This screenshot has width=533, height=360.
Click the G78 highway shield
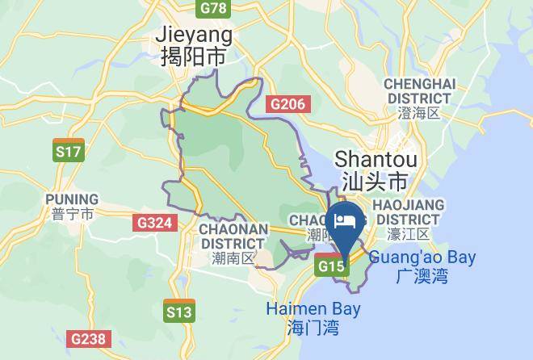click(x=213, y=8)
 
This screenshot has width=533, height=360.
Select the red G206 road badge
click(x=287, y=103)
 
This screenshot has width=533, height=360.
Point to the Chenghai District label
click(x=419, y=90)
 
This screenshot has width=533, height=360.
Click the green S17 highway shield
click(x=69, y=150)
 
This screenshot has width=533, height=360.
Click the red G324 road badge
click(x=153, y=223)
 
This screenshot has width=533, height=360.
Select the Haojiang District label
click(x=408, y=211)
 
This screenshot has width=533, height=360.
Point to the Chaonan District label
click(x=233, y=236)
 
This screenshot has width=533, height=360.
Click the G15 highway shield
click(x=332, y=265)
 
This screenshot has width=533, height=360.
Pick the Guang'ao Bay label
click(x=422, y=258)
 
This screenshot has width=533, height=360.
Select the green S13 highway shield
click(x=178, y=310)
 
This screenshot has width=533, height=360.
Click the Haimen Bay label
click(x=313, y=309)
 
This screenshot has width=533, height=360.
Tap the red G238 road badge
click(x=88, y=339)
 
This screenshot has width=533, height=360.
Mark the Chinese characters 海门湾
click(x=313, y=328)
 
